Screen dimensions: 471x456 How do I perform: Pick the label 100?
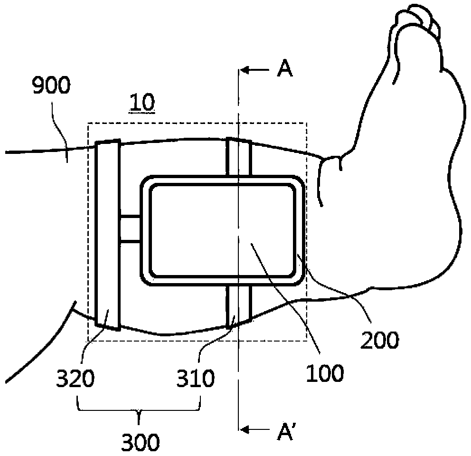pos(325,373)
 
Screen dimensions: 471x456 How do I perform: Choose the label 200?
pos(379,340)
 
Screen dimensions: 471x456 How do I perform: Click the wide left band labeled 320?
pos(107,235)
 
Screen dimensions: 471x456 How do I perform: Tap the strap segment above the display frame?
pos(239,157)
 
